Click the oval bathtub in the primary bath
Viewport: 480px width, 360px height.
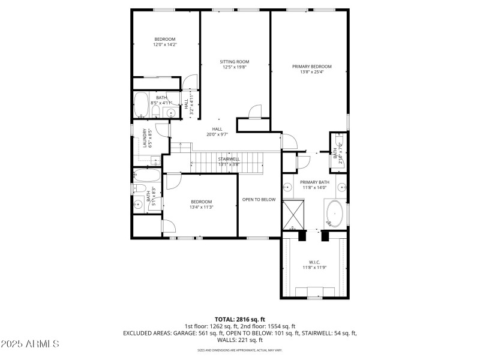click(334, 212)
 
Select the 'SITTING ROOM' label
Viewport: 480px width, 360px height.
click(235, 62)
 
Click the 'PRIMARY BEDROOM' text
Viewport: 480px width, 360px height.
click(311, 67)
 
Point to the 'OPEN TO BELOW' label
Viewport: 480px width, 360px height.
click(259, 199)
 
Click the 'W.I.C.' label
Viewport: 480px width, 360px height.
click(314, 262)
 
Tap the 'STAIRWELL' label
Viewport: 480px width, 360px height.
click(229, 159)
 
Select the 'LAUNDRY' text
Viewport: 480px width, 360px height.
click(145, 138)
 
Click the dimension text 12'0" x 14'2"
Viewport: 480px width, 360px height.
click(165, 44)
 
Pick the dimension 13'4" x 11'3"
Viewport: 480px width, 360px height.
click(202, 207)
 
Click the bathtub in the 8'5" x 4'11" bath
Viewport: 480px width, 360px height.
click(142, 104)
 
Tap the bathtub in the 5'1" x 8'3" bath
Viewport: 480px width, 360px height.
click(147, 176)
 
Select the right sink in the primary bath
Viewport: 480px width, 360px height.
click(341, 186)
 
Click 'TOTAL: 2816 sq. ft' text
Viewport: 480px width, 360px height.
click(239, 319)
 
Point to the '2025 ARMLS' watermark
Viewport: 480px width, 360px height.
click(30, 344)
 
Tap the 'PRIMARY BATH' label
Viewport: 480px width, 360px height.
click(314, 182)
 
